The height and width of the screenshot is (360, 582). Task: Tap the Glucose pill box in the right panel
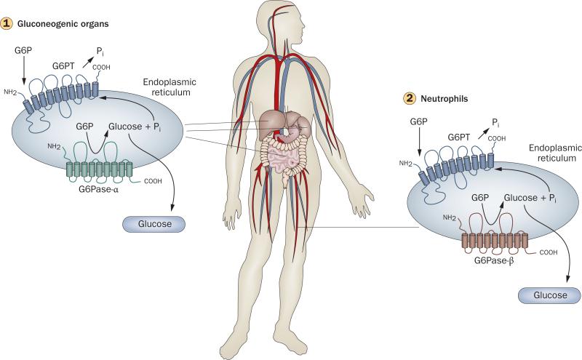pos(549,295)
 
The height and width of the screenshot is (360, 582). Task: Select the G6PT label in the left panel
pos(63,65)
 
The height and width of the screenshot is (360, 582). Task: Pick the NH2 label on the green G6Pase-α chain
pos(54,147)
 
